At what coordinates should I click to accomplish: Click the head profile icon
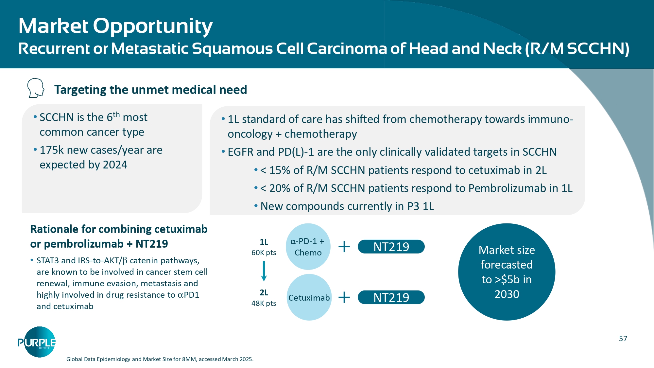point(36,88)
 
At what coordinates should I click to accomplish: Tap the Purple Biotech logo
point(37,342)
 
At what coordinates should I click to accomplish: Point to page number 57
point(623,339)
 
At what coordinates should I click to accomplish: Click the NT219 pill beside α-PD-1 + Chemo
point(391,247)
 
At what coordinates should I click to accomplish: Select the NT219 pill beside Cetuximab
point(391,297)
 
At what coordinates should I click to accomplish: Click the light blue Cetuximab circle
point(309,297)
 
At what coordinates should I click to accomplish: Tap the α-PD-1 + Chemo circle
point(308,247)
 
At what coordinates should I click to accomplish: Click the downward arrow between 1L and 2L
point(264,271)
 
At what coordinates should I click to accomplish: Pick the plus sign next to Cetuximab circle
point(344,297)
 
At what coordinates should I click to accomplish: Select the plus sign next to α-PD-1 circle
point(344,247)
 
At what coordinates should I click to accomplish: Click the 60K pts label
point(264,253)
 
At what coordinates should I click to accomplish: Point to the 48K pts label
point(264,303)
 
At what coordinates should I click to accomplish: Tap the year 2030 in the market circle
point(507,294)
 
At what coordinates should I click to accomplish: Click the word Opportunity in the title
point(153,26)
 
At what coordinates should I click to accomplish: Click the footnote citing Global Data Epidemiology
point(160,359)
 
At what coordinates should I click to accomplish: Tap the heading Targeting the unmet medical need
point(150,90)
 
